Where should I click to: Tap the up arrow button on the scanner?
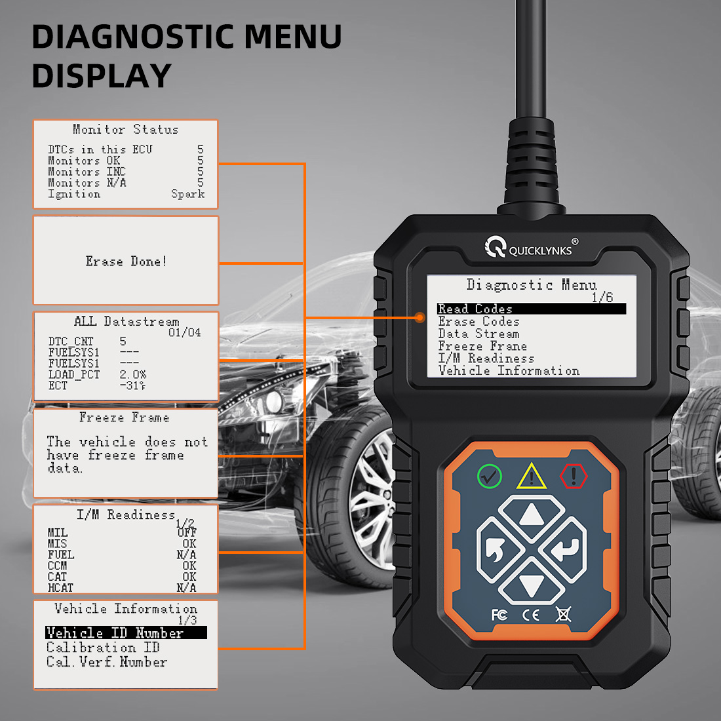[532, 516]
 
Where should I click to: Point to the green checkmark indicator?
[489, 477]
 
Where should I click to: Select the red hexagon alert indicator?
[574, 476]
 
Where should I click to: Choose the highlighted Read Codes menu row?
[532, 309]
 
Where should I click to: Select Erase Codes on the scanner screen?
[478, 321]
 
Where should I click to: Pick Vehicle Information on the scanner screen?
[509, 370]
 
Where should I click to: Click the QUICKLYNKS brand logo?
[531, 247]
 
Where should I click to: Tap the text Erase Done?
[126, 261]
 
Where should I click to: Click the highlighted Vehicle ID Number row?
[126, 633]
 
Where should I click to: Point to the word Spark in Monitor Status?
[187, 193]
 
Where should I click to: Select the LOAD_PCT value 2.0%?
[133, 374]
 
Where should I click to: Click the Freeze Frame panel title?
[124, 417]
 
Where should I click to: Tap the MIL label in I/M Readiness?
[58, 532]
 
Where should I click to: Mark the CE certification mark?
[531, 615]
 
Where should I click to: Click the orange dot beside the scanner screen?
[419, 317]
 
